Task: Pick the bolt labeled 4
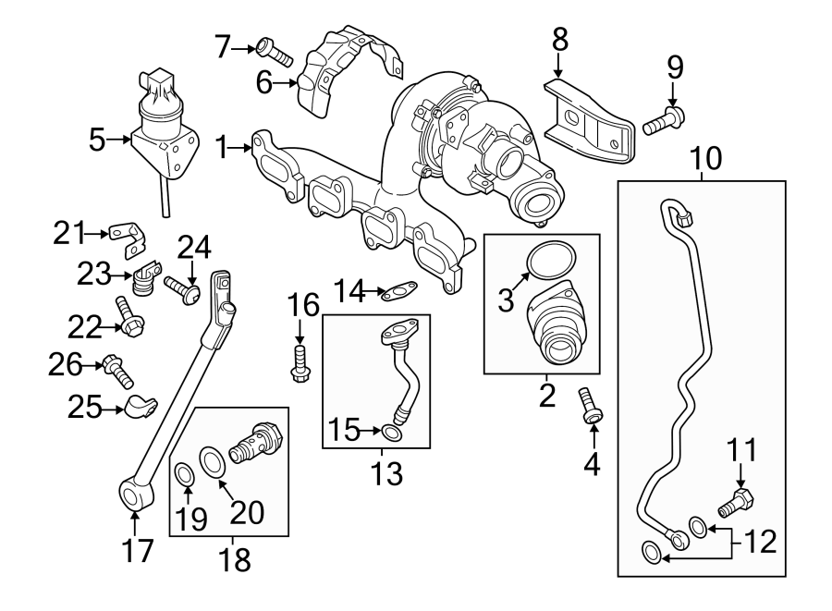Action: [x=589, y=405]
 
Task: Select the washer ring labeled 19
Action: [x=184, y=475]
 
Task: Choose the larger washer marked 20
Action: [x=212, y=458]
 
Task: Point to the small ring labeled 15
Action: [x=392, y=432]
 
